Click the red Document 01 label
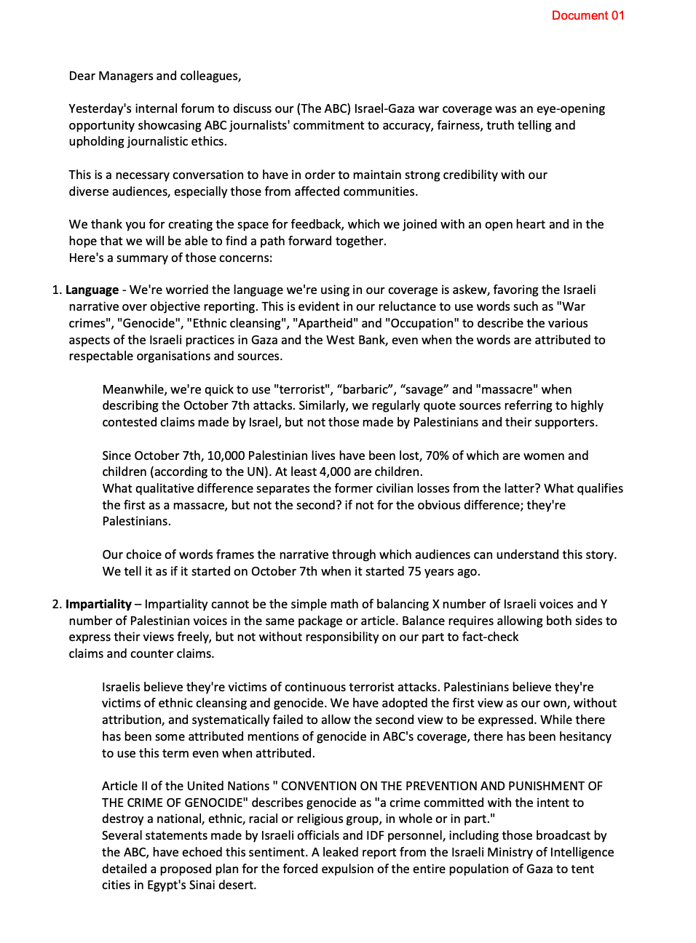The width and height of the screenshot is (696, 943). pos(588,15)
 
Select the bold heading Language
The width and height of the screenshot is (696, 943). pos(92,290)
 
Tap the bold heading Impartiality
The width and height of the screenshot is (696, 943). pos(98,604)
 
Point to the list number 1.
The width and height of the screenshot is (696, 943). pos(56,290)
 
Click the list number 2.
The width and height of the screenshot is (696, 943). pos(56,604)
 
